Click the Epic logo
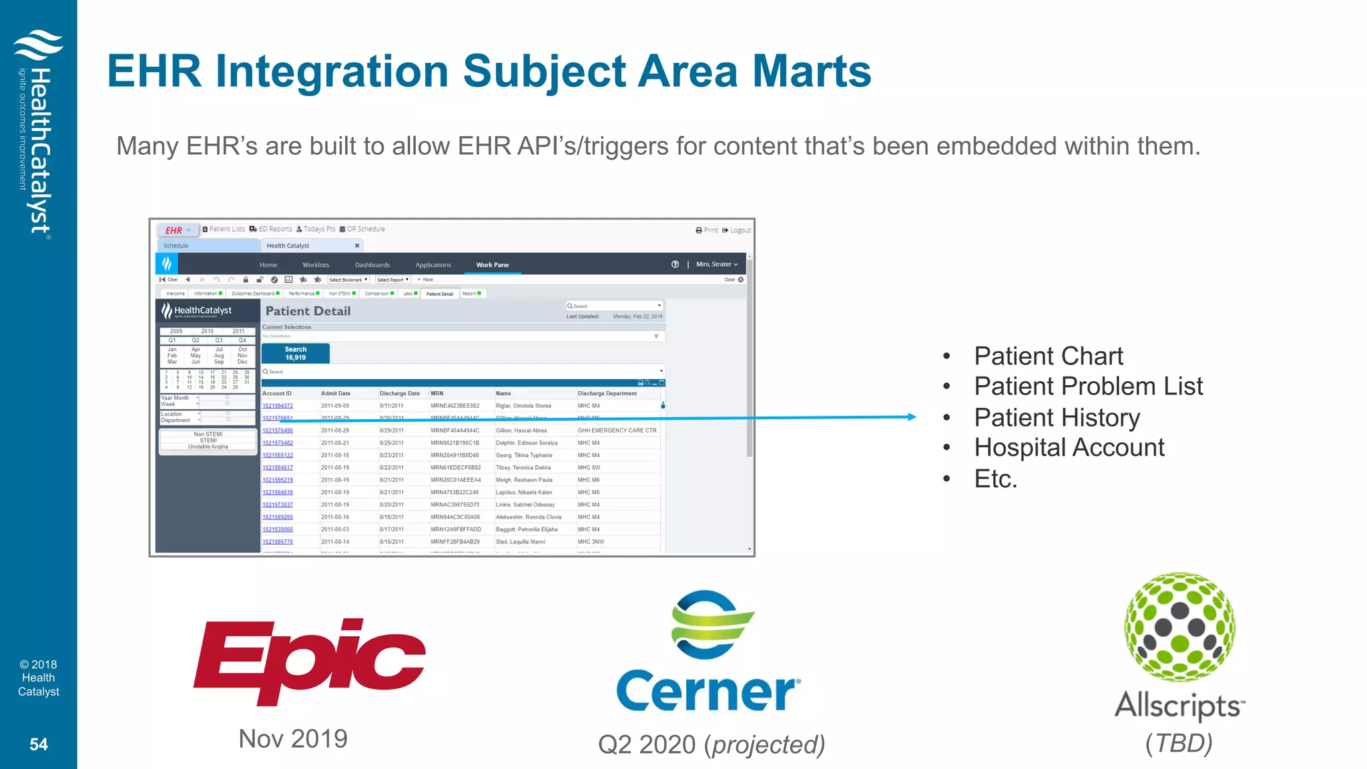point(308,661)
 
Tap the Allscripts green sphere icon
point(1179,626)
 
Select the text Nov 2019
point(293,739)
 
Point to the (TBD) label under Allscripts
point(1179,743)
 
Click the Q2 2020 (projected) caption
point(712,744)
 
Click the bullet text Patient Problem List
point(1088,387)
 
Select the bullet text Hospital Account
point(1069,448)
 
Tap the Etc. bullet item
point(995,479)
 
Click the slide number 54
point(39,744)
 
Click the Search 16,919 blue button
point(296,353)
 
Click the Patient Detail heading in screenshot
point(308,311)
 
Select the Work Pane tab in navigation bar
point(492,265)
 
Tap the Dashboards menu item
point(372,265)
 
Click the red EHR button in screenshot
point(174,230)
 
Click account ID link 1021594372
point(278,406)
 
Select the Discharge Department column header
point(607,393)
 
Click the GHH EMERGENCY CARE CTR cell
point(617,431)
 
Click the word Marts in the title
point(812,71)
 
